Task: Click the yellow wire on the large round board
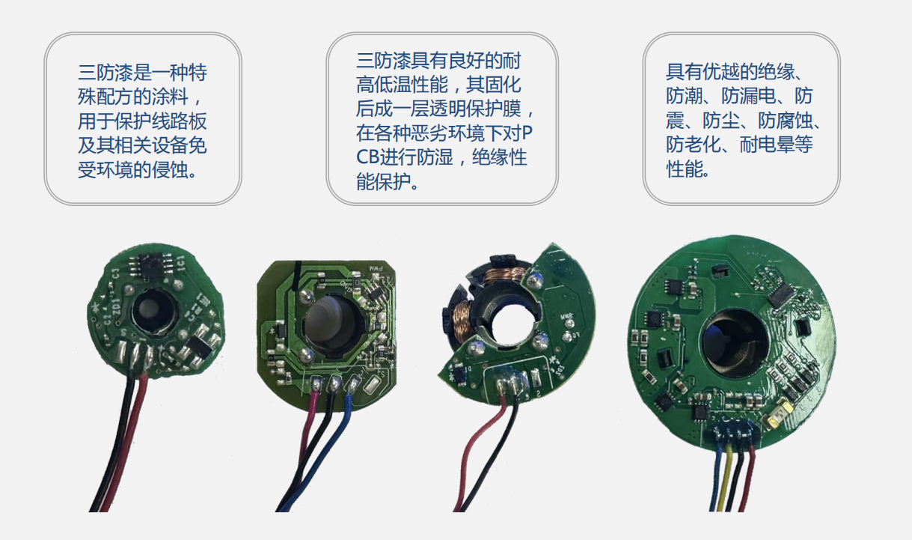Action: tap(725, 477)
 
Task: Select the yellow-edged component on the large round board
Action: tap(777, 413)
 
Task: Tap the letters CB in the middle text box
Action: tap(367, 157)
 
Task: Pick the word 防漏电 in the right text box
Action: tap(749, 96)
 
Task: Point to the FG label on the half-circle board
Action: tap(575, 336)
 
